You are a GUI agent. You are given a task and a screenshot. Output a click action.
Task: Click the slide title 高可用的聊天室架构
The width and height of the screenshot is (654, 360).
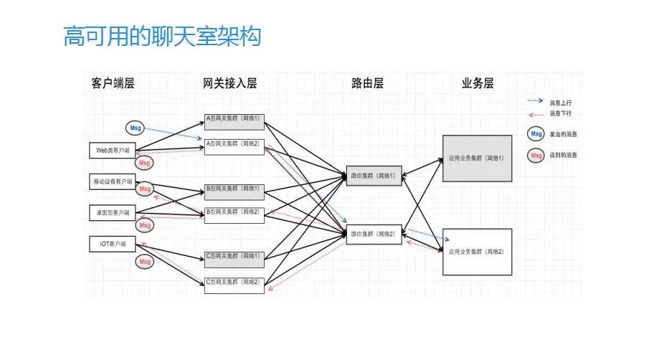pyautogui.click(x=162, y=37)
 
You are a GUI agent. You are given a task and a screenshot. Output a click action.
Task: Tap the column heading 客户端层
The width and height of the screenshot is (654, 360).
pyautogui.click(x=113, y=83)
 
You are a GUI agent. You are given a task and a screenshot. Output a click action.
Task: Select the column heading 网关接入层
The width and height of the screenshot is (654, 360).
pyautogui.click(x=229, y=83)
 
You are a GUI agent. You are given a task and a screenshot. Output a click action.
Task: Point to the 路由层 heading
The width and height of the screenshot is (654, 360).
pyautogui.click(x=367, y=83)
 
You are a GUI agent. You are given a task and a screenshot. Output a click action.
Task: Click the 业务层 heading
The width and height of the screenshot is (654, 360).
pyautogui.click(x=478, y=83)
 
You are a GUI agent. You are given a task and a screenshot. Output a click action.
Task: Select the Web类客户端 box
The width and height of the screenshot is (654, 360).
pyautogui.click(x=113, y=151)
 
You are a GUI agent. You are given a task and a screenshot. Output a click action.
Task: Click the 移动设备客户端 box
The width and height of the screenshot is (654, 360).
pyautogui.click(x=113, y=181)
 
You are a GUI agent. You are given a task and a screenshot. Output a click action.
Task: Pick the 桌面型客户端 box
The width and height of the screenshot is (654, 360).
pyautogui.click(x=113, y=212)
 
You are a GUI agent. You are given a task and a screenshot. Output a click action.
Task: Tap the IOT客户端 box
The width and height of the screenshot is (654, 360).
pyautogui.click(x=113, y=244)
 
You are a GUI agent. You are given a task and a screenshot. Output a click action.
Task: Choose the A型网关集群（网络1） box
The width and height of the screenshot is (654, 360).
pyautogui.click(x=234, y=118)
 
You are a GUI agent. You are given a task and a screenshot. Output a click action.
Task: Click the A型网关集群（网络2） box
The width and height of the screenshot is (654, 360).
pyautogui.click(x=234, y=144)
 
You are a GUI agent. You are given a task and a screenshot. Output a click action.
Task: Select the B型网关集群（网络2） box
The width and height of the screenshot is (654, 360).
pyautogui.click(x=234, y=212)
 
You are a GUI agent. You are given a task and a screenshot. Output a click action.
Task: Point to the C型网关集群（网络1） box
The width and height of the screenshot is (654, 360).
pyautogui.click(x=234, y=256)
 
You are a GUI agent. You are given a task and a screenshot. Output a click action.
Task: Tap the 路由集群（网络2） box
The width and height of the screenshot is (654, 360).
pyautogui.click(x=374, y=234)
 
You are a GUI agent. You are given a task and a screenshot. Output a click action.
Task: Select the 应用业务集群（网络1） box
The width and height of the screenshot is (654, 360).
pyautogui.click(x=477, y=158)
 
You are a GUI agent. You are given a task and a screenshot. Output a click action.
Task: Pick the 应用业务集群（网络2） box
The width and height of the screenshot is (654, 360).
pyautogui.click(x=477, y=252)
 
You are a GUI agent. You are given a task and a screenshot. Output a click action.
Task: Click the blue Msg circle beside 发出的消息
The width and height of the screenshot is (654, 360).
pyautogui.click(x=535, y=134)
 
